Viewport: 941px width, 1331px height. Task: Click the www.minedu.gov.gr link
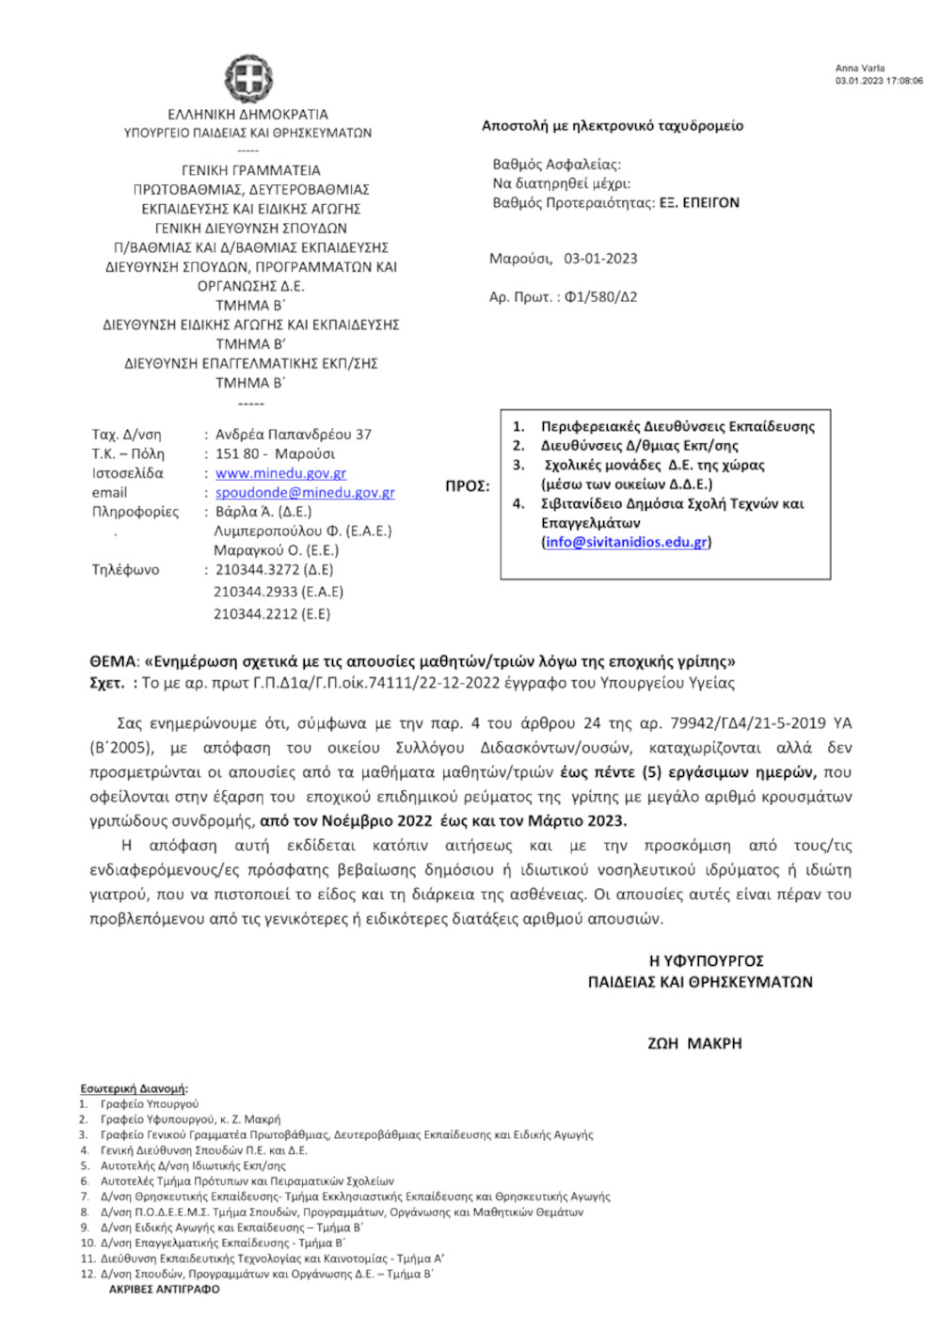[280, 473]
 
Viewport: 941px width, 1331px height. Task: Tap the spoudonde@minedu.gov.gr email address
[305, 493]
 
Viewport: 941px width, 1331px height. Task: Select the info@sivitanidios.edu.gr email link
[626, 542]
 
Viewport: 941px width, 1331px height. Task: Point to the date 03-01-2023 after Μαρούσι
[600, 259]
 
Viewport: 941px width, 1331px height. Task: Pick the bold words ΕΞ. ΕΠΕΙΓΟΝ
[699, 202]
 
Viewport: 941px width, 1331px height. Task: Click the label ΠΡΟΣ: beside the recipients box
[467, 486]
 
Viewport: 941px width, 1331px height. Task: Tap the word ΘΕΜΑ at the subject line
[113, 661]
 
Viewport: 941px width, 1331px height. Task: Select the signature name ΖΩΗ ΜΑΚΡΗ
[694, 1043]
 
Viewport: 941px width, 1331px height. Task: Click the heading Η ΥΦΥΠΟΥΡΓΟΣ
[706, 960]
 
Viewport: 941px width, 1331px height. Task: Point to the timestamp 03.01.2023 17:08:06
[879, 81]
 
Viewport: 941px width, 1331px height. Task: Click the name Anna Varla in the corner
[859, 69]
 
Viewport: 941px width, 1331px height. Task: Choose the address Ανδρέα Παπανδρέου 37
[294, 435]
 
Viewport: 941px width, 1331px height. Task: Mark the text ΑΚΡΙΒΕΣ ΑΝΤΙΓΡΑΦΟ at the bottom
[164, 1290]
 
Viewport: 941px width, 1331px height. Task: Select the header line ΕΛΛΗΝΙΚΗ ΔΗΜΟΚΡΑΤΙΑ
[248, 114]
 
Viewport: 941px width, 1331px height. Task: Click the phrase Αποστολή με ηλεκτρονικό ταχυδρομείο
[612, 126]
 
